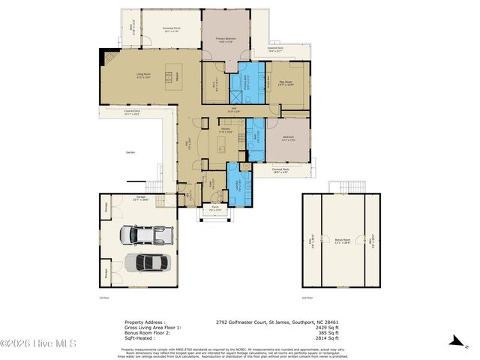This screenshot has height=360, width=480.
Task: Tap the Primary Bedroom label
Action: tap(228, 39)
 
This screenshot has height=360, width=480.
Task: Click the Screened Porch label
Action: tap(170, 31)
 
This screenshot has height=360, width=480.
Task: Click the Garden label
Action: tap(130, 152)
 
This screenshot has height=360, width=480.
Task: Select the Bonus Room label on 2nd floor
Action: tap(342, 241)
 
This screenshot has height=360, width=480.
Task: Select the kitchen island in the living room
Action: tap(169, 74)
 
